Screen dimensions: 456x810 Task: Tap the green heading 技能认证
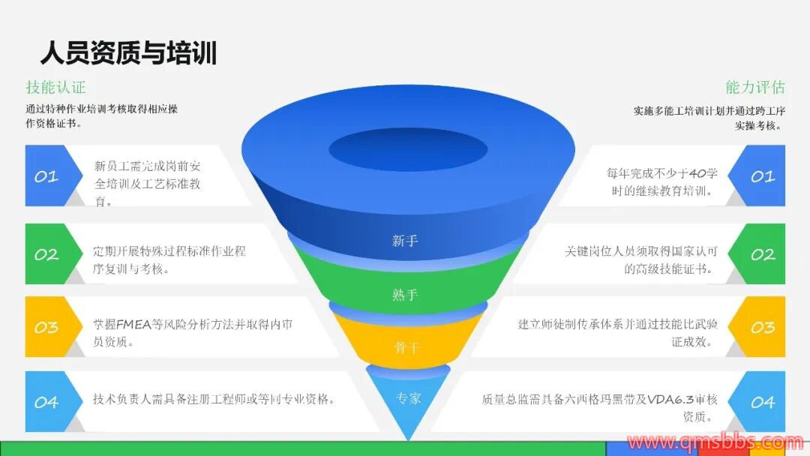(55, 87)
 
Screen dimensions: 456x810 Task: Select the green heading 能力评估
(754, 87)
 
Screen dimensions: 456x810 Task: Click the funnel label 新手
(405, 241)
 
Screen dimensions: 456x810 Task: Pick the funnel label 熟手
(405, 295)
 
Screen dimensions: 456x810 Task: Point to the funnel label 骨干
(405, 347)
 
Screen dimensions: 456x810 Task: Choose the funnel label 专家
(408, 397)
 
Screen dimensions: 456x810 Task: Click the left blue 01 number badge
(46, 176)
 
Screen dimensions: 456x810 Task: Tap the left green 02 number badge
(46, 254)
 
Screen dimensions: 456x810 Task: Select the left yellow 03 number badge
(46, 327)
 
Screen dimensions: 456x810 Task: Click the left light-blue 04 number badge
(46, 402)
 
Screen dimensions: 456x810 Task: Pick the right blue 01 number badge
(763, 176)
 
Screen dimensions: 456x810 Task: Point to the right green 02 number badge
(763, 254)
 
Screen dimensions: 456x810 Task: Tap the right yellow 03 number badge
(763, 327)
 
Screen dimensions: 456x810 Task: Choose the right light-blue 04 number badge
(763, 402)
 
